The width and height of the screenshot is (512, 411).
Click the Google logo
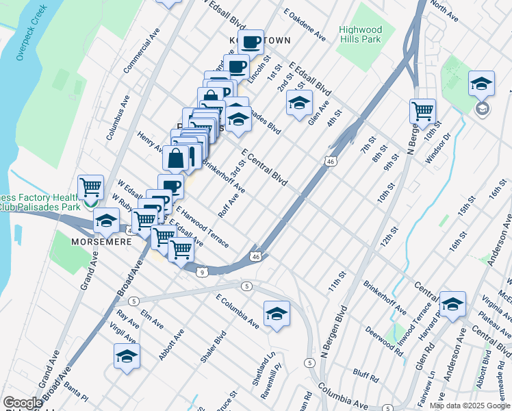[x=23, y=403]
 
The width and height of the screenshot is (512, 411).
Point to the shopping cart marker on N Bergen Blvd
[x=422, y=110]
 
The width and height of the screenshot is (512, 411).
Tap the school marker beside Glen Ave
[x=299, y=103]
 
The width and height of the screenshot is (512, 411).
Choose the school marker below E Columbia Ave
[x=276, y=314]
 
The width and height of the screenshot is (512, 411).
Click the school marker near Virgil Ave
[x=127, y=356]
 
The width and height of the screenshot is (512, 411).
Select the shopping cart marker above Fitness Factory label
[x=90, y=186]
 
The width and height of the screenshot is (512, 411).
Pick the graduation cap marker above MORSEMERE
[x=105, y=221]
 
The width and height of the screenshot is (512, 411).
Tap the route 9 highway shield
[x=203, y=272]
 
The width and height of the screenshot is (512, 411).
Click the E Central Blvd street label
[x=264, y=165]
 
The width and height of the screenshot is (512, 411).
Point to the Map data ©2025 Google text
[x=469, y=406]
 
